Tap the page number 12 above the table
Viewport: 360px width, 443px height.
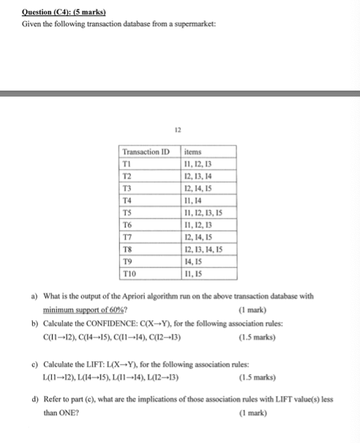coord(177,129)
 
